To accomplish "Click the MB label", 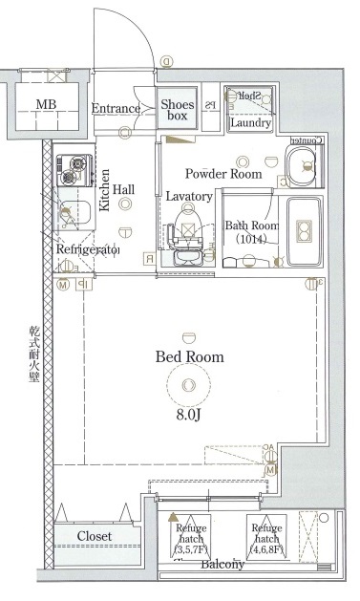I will point(46,104).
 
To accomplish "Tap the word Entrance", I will point(116,109).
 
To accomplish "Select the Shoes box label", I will point(178,110).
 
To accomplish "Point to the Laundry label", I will point(251,123).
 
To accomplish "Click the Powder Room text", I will point(223,174).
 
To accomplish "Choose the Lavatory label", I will point(188,196).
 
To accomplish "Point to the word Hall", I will point(123,190).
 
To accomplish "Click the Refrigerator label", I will point(87,249).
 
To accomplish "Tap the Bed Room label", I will point(189,356).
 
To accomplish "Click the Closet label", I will point(95,537).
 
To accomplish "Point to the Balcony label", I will point(222,565).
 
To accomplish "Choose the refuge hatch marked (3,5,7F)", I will point(188,537).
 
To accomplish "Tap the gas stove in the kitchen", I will point(71,170).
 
